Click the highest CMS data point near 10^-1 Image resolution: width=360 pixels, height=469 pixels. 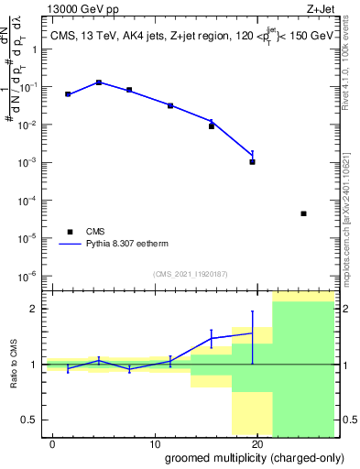coord(99,82)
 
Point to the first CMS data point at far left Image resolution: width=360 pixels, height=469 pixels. coord(68,94)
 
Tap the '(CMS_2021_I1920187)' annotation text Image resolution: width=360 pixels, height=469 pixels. coord(190,274)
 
